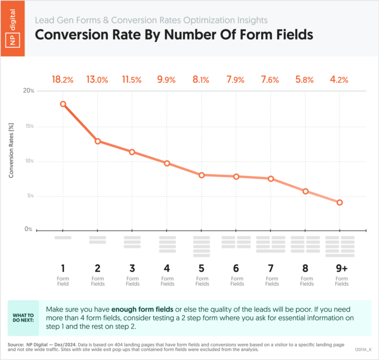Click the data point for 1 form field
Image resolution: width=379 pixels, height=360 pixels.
point(63,104)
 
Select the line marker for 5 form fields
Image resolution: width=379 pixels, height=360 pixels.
point(201,175)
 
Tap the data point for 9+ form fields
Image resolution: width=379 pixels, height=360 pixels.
point(340,202)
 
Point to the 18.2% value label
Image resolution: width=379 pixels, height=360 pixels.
point(63,79)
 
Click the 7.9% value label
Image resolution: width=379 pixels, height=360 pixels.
point(235,79)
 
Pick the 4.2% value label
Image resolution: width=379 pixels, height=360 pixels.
point(339,79)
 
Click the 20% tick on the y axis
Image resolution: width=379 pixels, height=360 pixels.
point(29,91)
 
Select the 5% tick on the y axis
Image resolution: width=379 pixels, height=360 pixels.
point(30,195)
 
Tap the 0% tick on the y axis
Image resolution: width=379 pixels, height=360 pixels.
point(28,229)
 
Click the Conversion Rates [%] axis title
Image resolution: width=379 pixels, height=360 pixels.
point(11,151)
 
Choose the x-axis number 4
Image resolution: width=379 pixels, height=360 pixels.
point(167,268)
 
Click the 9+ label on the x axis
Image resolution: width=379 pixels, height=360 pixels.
point(342,268)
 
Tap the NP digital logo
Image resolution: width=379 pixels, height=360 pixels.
point(12,28)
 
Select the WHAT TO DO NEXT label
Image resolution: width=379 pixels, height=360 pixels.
point(23,318)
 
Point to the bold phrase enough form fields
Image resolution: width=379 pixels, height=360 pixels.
point(142,309)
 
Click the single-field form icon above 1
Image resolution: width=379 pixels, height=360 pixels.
point(63,238)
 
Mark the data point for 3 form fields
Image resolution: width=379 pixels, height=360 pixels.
point(132,152)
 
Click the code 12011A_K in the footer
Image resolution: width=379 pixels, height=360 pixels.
point(363,350)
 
